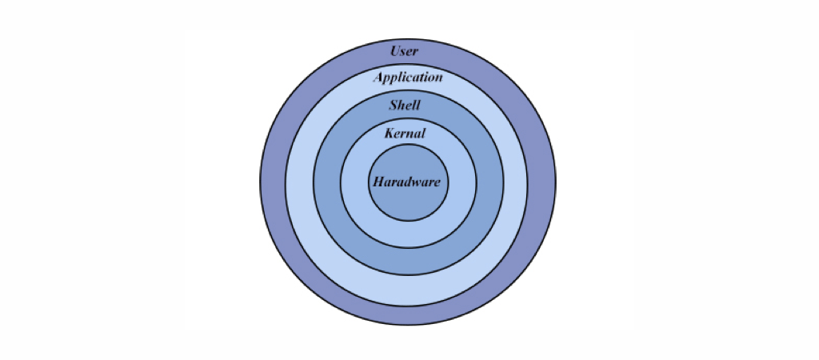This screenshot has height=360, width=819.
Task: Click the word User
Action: click(x=404, y=51)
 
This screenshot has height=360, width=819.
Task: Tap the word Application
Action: click(x=408, y=78)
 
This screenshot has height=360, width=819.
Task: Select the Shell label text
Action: click(x=405, y=105)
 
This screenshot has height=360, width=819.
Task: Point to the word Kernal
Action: click(x=405, y=134)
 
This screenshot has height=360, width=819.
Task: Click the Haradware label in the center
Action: click(x=406, y=182)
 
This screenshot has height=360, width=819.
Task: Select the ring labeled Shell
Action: click(x=409, y=262)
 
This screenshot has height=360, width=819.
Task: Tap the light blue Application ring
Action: click(x=409, y=290)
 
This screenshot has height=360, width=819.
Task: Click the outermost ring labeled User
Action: click(x=409, y=315)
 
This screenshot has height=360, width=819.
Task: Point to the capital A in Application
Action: click(x=378, y=78)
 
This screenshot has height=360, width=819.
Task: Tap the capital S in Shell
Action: click(x=394, y=105)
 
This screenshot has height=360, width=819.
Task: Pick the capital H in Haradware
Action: click(x=379, y=182)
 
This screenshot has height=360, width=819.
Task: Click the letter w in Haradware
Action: click(x=417, y=183)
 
